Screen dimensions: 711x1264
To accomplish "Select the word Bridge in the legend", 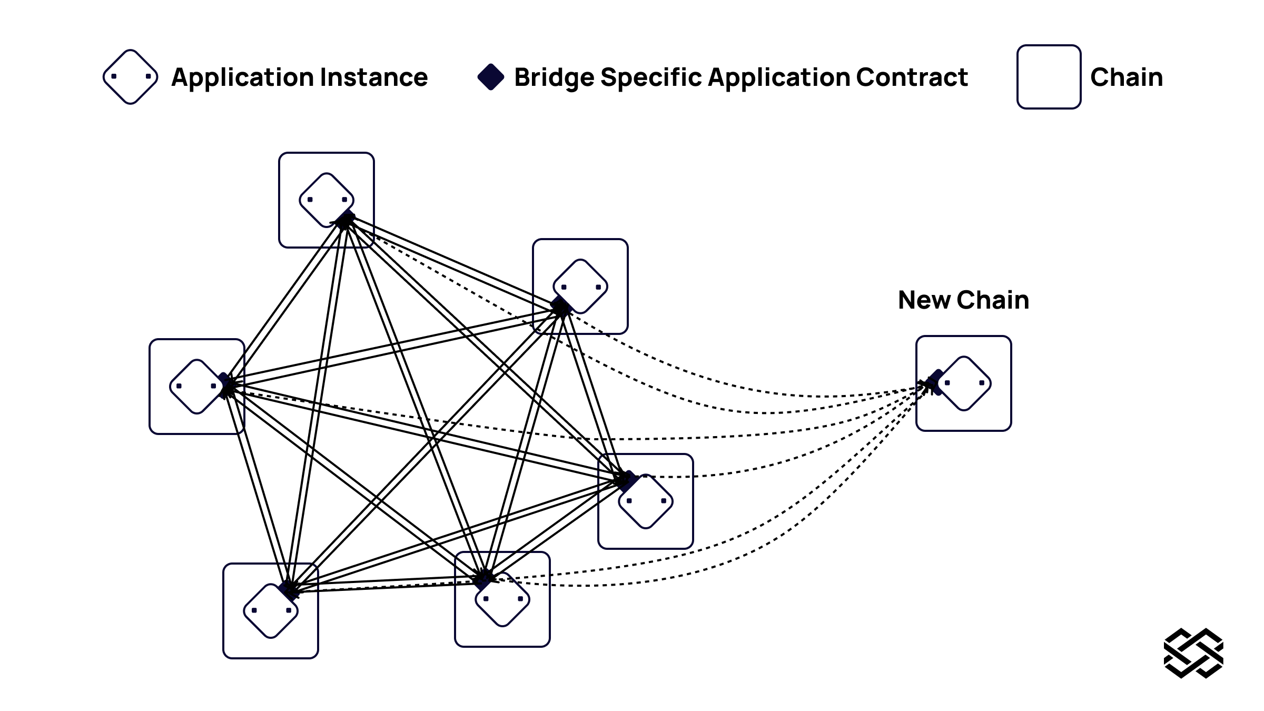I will tap(554, 77).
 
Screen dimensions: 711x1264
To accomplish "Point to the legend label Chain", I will tap(1127, 77).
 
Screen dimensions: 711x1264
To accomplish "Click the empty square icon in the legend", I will tap(1049, 77).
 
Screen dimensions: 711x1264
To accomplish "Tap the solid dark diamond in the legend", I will tap(491, 77).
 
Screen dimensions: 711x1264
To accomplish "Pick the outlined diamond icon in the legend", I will tap(131, 77).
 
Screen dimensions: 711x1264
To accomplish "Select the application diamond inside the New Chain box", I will tap(964, 383).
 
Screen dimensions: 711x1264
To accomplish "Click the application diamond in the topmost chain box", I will tap(327, 200).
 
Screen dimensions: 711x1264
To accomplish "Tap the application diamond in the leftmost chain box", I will tap(196, 387).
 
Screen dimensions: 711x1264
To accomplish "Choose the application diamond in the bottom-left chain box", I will tap(271, 611).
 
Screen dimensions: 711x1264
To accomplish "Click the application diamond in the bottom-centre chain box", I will tap(502, 599).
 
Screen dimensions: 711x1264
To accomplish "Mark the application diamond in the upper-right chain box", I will tap(580, 287).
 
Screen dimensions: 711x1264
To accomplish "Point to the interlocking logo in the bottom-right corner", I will tap(1193, 653).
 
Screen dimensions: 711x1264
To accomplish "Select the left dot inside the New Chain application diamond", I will tap(947, 383).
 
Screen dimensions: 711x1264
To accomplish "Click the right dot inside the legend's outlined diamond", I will tap(148, 76).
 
